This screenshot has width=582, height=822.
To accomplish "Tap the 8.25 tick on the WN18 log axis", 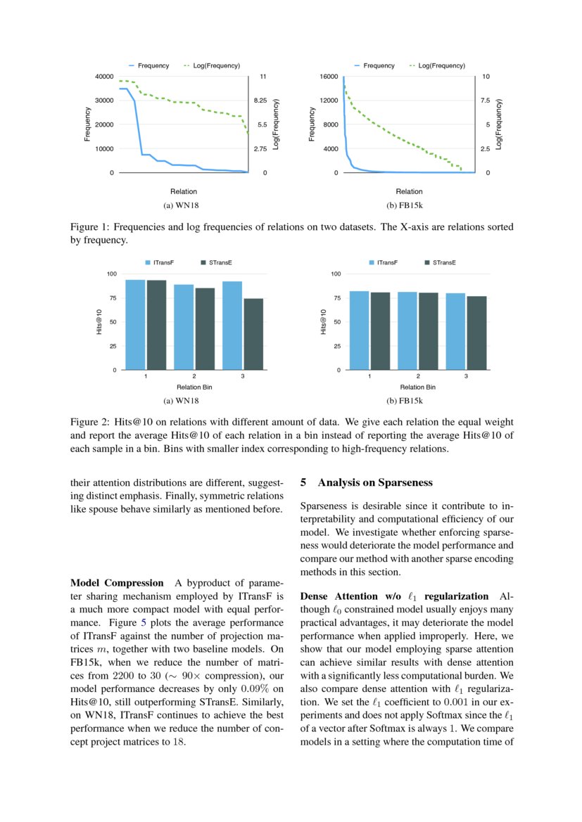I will click(260, 101).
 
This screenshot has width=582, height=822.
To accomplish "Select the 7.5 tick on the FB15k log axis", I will click(485, 101).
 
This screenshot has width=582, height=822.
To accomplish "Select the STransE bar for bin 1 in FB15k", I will click(380, 330).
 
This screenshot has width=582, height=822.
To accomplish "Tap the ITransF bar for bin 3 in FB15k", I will click(455, 331).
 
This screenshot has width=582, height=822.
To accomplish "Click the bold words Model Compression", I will click(117, 583).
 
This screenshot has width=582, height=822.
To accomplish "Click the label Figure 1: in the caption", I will click(90, 227).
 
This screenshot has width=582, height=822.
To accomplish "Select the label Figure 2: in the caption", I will click(90, 422).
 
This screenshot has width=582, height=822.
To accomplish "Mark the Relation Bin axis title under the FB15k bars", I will click(418, 387).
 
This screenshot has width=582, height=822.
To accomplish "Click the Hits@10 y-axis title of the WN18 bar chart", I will click(99, 321).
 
